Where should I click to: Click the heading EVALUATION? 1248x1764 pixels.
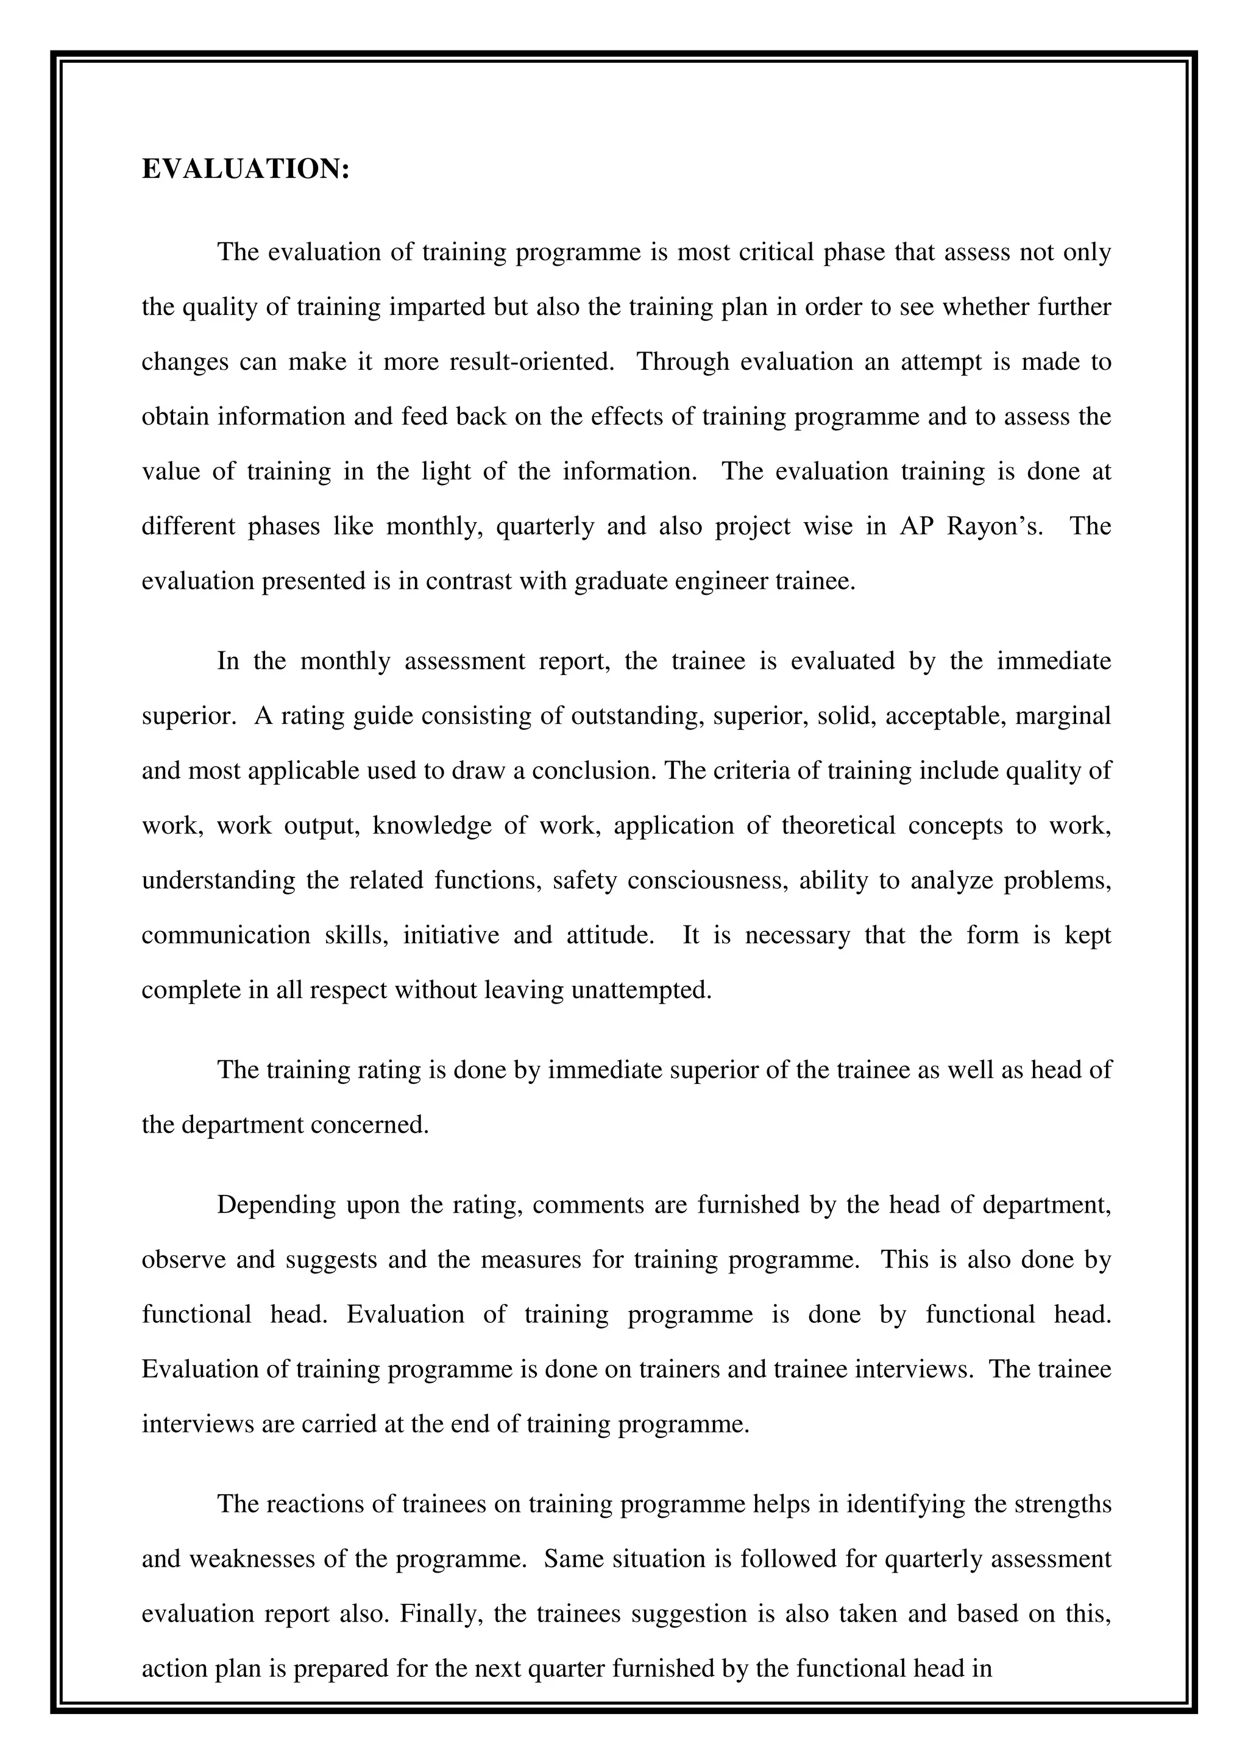(246, 169)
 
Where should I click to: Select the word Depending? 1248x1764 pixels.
(276, 1205)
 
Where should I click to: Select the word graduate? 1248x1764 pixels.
(623, 581)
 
